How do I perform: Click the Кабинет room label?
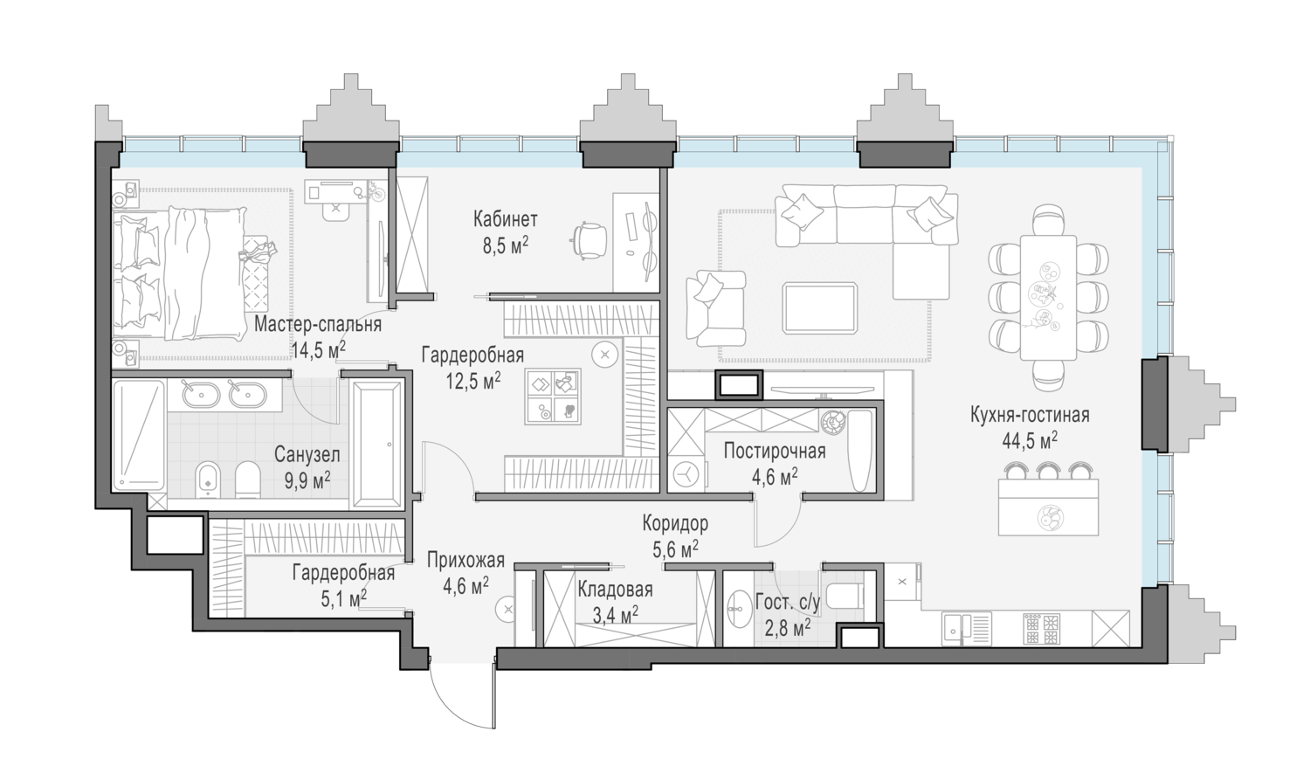506,219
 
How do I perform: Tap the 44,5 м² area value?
1030,440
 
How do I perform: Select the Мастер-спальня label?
318,324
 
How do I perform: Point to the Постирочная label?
775,451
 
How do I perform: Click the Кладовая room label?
615,590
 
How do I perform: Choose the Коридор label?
675,523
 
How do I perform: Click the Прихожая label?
465,560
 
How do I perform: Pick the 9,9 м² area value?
307,480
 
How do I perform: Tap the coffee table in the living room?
820,308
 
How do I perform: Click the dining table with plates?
1049,298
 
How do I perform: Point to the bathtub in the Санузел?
377,445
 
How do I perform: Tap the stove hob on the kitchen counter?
1042,629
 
